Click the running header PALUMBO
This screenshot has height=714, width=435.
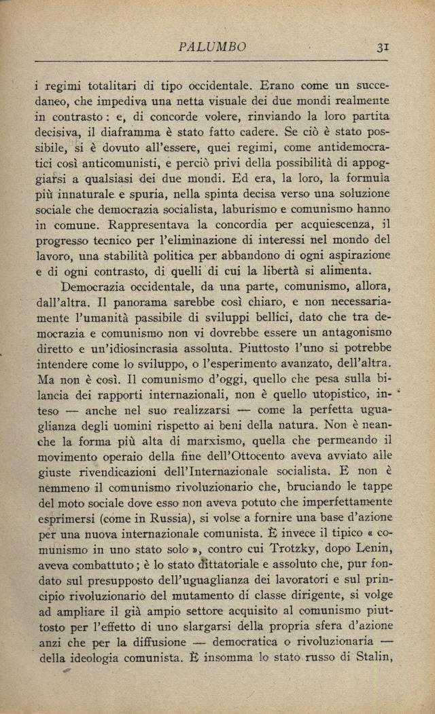[x=212, y=47]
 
